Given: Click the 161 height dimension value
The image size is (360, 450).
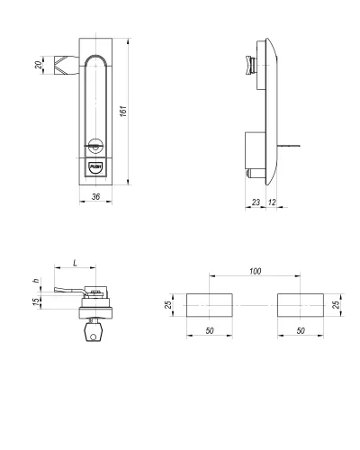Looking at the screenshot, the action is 123,111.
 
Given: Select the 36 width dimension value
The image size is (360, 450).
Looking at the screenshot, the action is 95,197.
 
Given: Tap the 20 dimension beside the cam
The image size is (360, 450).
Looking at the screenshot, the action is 39,65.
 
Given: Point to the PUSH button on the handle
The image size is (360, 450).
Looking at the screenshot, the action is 95,167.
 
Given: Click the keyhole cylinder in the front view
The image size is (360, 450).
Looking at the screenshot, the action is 95,146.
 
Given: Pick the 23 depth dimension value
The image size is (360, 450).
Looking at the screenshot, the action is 256,202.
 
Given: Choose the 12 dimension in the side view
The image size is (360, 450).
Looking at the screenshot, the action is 272,202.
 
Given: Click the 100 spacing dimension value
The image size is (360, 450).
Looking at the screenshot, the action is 256,271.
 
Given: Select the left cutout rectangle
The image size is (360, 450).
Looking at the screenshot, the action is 210,305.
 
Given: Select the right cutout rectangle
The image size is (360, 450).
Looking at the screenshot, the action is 301,305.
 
